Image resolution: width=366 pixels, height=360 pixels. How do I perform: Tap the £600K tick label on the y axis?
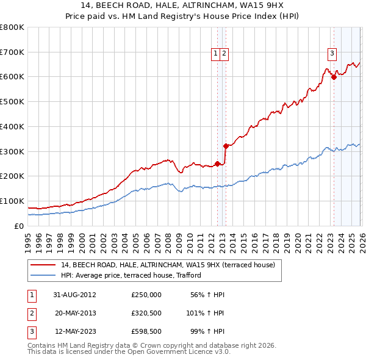point(12,77)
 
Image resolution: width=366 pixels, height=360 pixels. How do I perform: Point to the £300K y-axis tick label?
point(12,151)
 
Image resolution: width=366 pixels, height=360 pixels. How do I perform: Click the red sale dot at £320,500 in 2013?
point(226,146)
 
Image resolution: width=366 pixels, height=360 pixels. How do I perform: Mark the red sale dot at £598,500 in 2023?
point(334,77)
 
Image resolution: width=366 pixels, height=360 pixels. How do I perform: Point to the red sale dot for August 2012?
point(218,164)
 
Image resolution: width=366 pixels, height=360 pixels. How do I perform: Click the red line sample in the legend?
point(44,265)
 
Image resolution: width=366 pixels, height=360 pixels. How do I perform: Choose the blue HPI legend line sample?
point(44,275)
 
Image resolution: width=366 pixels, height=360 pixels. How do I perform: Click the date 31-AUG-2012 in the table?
point(76,295)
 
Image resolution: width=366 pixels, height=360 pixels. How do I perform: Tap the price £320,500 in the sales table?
point(146,314)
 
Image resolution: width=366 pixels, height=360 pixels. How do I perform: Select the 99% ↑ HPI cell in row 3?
point(206,333)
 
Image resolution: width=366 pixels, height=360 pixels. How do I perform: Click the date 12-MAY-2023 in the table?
point(76,333)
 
